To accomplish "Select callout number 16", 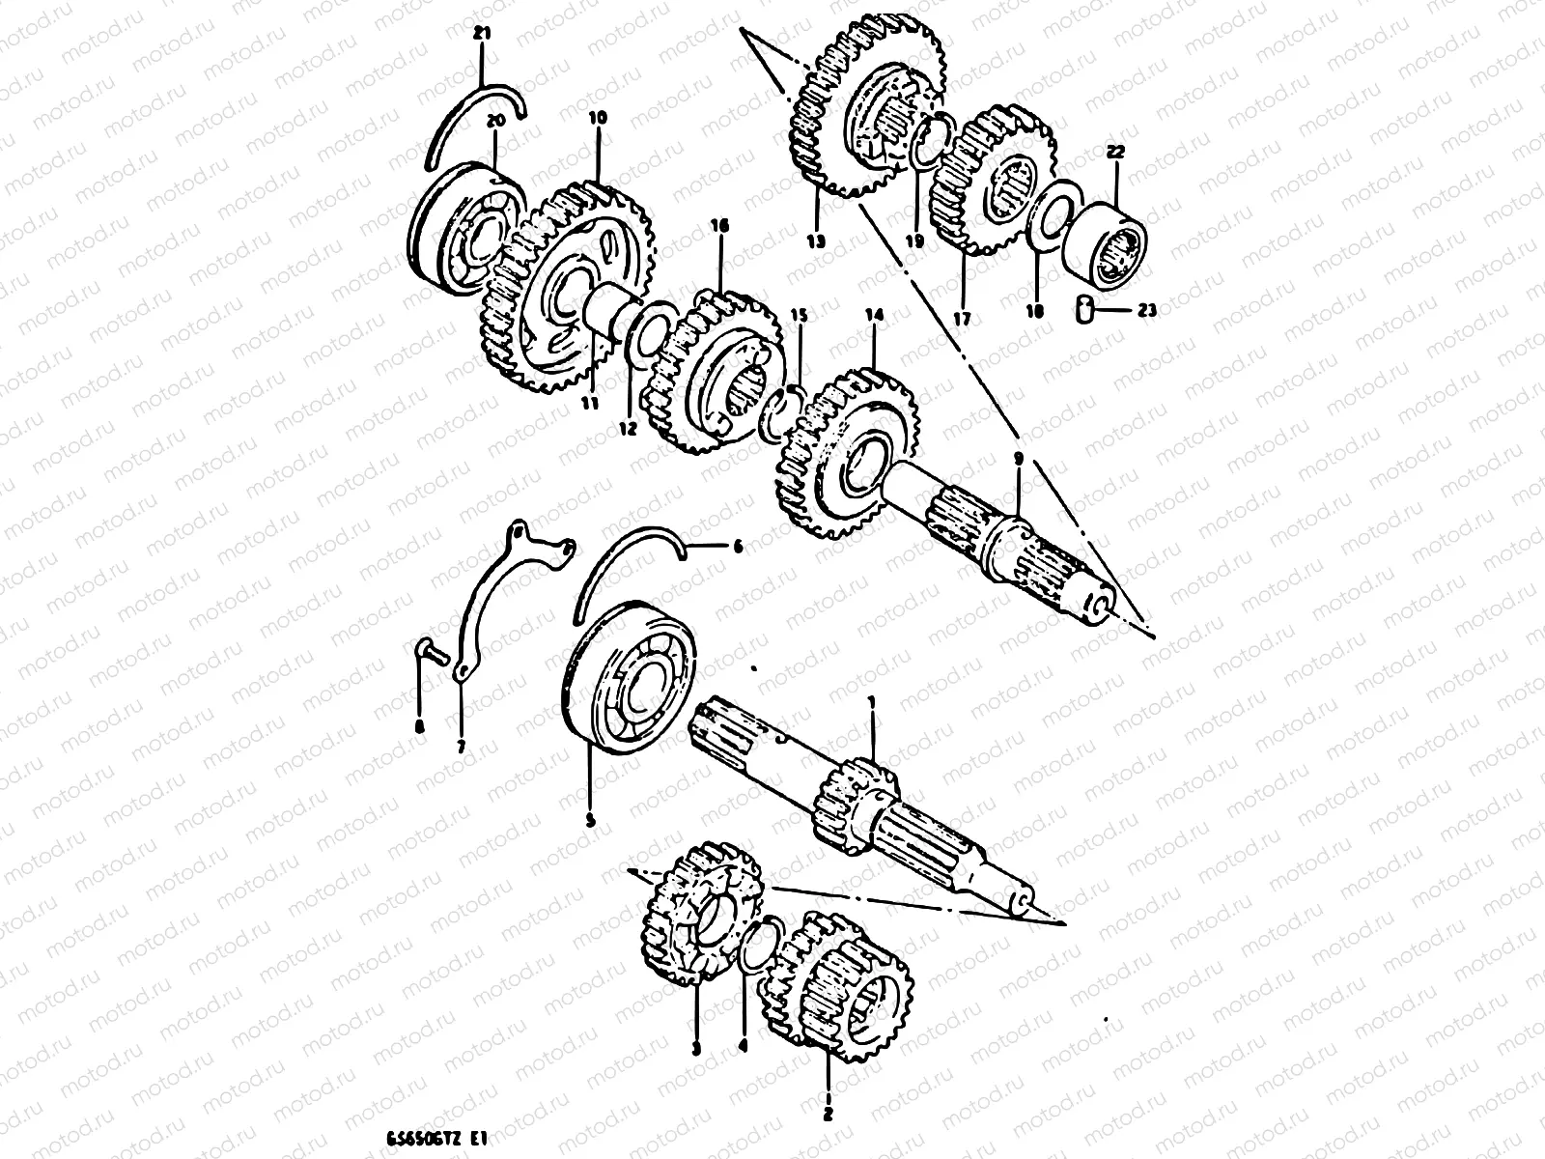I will [x=718, y=226].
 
